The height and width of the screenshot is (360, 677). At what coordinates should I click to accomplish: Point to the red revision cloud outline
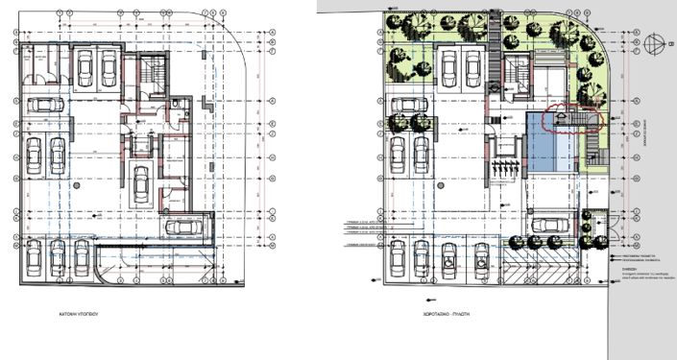pyautogui.click(x=570, y=118)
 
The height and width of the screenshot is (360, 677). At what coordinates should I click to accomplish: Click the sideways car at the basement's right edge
pyautogui.click(x=184, y=228)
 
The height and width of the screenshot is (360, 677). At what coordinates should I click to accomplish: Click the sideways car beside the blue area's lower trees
pyautogui.click(x=549, y=225)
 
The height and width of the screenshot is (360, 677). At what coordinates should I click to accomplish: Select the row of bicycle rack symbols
pyautogui.click(x=505, y=169)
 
